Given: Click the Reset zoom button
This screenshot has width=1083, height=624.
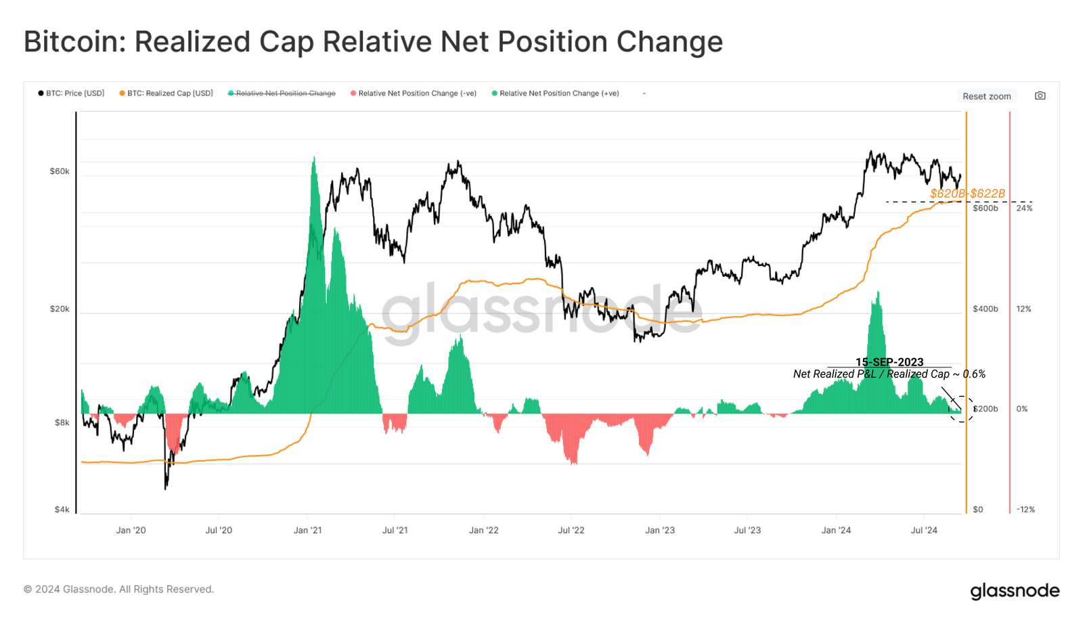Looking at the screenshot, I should coord(986,96).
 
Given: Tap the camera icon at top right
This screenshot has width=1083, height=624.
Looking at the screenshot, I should coord(1040,95).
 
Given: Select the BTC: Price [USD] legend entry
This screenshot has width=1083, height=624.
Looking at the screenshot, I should coord(72,93).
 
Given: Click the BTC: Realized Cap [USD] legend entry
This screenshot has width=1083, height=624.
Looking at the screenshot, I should coord(167,93).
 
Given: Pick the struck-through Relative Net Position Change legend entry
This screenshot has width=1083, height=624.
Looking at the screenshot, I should coord(282,93).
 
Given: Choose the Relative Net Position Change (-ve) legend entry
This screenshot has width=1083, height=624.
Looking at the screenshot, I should coord(414,93).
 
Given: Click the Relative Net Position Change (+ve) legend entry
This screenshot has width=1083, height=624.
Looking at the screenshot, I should coord(556,93).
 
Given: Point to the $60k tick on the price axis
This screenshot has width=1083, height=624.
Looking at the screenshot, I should coord(60,171).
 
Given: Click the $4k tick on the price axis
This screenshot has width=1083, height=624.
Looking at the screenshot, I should coord(62,510).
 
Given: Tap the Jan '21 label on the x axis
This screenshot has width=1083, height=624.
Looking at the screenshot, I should coord(307,530).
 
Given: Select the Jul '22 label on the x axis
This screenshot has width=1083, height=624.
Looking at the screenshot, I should coord(571,530).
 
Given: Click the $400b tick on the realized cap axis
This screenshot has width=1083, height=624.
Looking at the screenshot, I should coord(985,309).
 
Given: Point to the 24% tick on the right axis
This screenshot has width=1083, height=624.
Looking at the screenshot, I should coord(1024,208).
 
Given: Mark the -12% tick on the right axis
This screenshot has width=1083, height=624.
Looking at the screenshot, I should coord(1025,510).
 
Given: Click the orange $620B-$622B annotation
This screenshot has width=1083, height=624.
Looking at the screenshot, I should coord(967,194).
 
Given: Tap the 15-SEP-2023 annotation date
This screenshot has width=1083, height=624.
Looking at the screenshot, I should coord(889,362).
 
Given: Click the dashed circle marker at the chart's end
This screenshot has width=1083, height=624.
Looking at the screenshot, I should coord(961,409).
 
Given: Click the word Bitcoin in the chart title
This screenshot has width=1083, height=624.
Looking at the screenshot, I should coord(72,42).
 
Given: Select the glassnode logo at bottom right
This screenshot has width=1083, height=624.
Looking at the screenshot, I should coord(1015,591).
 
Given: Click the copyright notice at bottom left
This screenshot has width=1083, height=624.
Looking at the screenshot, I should coord(118,589).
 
